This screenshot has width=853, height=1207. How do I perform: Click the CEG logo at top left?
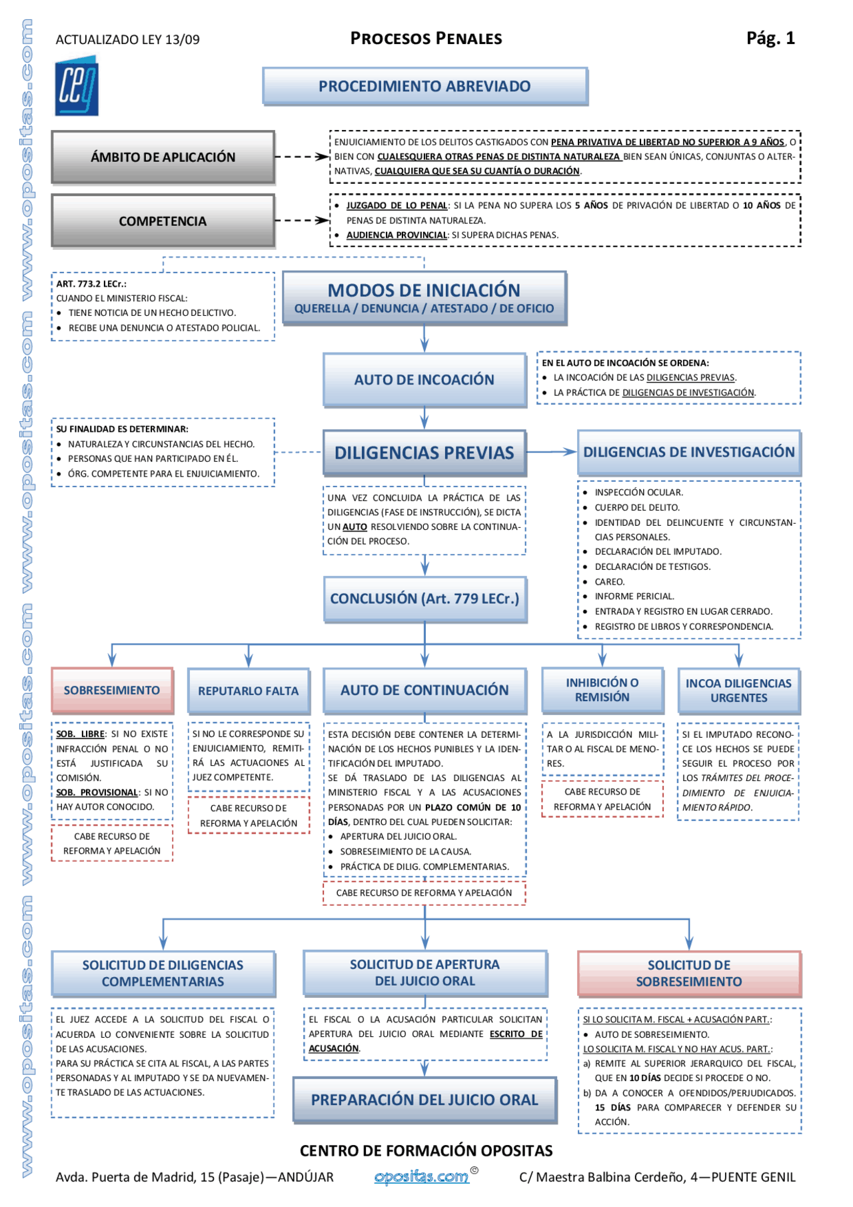pyautogui.click(x=77, y=87)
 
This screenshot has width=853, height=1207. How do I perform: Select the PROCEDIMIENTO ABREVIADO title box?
pyautogui.click(x=425, y=87)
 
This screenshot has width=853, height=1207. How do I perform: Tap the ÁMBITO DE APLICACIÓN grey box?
pyautogui.click(x=163, y=157)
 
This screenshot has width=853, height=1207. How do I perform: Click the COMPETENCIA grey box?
pyautogui.click(x=163, y=221)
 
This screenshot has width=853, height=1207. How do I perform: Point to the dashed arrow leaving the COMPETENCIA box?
pyautogui.click(x=301, y=221)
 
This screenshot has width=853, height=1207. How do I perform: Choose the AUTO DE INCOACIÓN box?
pyautogui.click(x=424, y=380)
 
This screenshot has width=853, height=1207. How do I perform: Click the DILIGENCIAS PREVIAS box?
pyautogui.click(x=424, y=453)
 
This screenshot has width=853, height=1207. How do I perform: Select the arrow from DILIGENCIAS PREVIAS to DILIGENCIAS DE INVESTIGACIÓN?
pyautogui.click(x=551, y=452)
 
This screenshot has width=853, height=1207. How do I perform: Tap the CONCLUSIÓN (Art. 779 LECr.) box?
pyautogui.click(x=425, y=599)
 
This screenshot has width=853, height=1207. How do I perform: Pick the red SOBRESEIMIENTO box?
pyautogui.click(x=112, y=690)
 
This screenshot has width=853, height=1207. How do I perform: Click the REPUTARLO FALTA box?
pyautogui.click(x=248, y=691)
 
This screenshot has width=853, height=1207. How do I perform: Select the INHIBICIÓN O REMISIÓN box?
pyautogui.click(x=602, y=690)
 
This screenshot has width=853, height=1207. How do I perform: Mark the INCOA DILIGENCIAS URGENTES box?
pyautogui.click(x=738, y=691)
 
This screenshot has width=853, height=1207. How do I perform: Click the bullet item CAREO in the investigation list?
pyautogui.click(x=609, y=582)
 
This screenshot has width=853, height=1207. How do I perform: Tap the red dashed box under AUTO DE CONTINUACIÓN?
pyautogui.click(x=424, y=893)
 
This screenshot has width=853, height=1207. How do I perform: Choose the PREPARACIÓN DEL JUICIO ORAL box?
pyautogui.click(x=425, y=1100)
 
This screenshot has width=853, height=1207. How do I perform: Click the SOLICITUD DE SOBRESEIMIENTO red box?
pyautogui.click(x=688, y=974)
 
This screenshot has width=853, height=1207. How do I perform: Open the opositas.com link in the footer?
pyautogui.click(x=422, y=1177)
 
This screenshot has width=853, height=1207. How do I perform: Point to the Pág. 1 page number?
pyautogui.click(x=770, y=38)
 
